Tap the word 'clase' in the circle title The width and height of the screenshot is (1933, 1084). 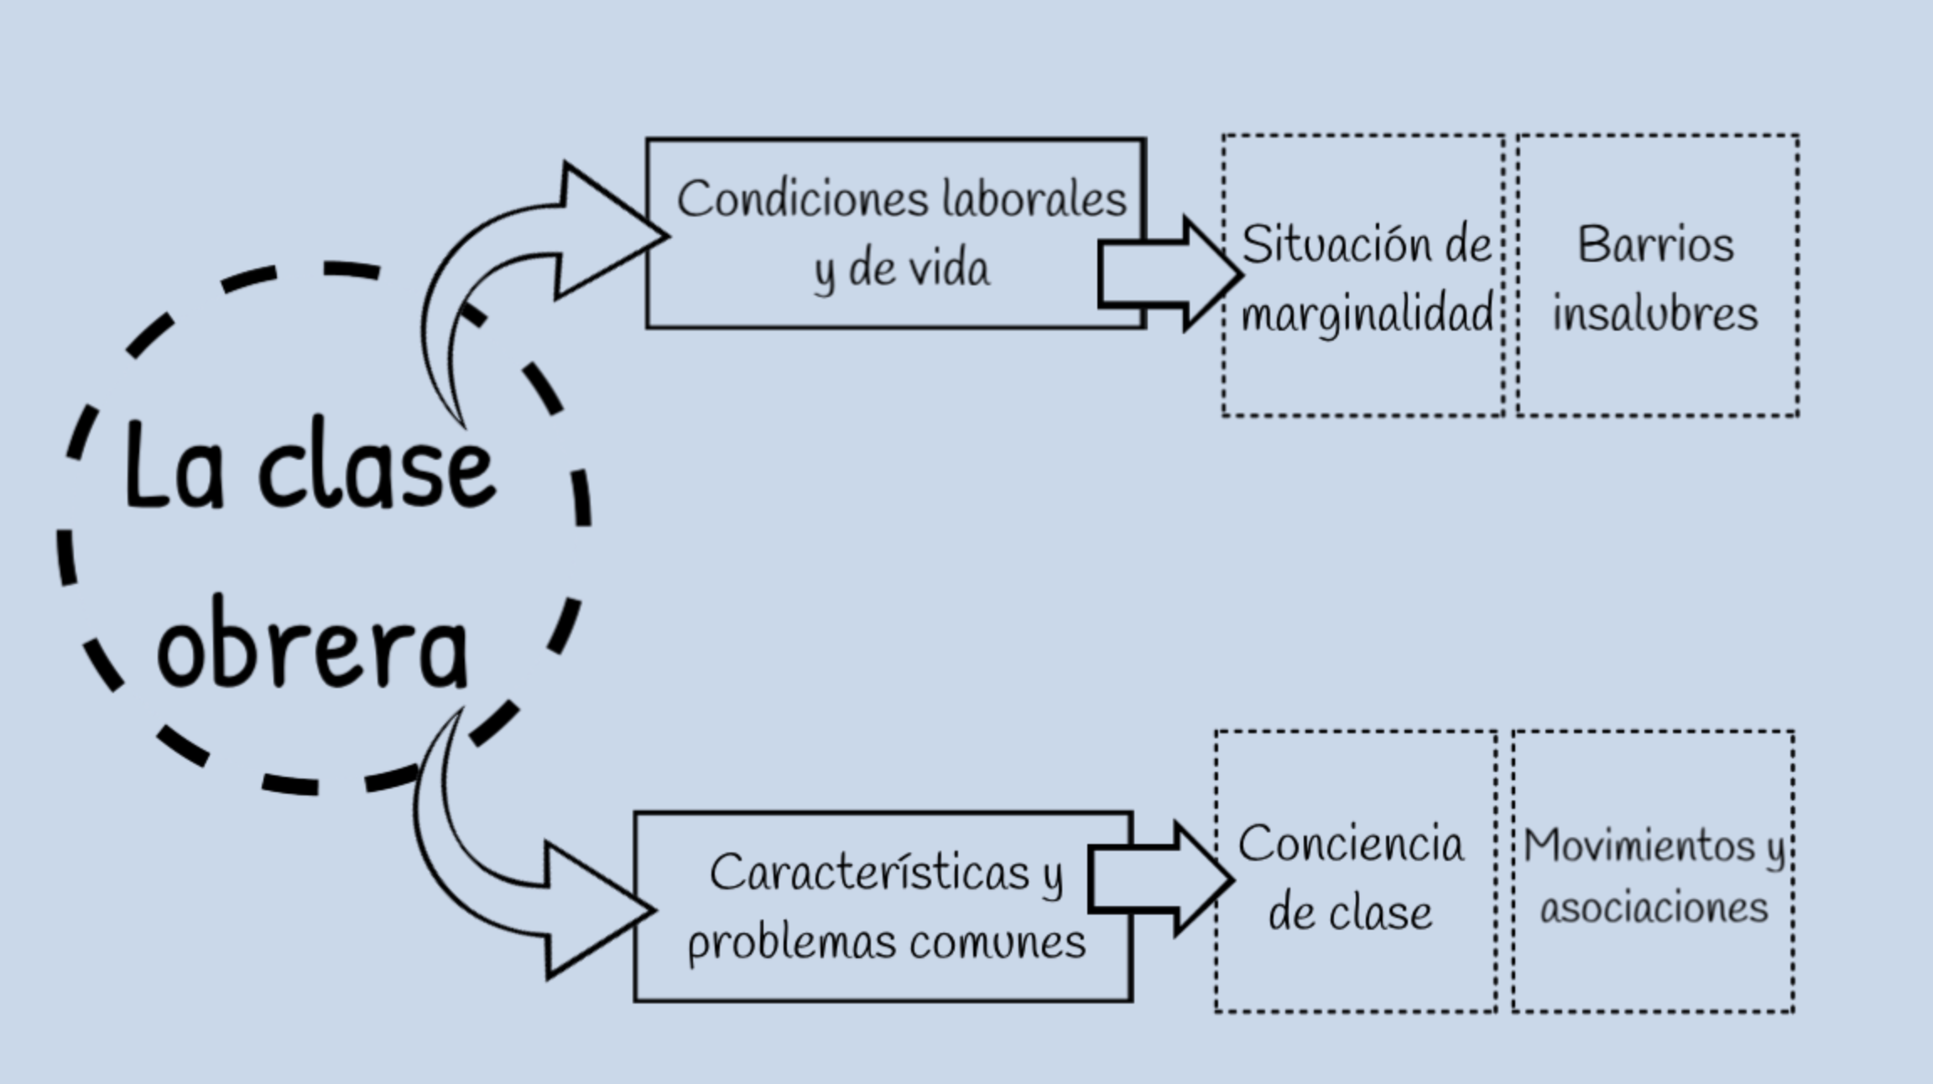pyautogui.click(x=377, y=467)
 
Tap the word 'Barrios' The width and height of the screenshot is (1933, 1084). pyautogui.click(x=1655, y=245)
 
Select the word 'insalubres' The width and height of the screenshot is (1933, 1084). pyautogui.click(x=1654, y=315)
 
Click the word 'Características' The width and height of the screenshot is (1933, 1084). pyautogui.click(x=869, y=873)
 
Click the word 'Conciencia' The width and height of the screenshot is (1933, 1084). pyautogui.click(x=1351, y=843)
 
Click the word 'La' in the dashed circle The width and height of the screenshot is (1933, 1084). pyautogui.click(x=175, y=467)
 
